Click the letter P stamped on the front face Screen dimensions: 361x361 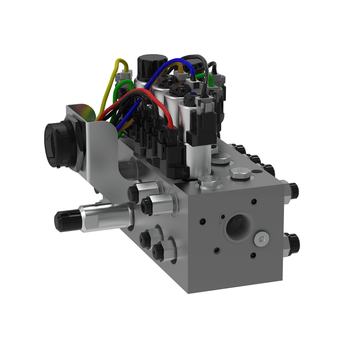pos(220,223)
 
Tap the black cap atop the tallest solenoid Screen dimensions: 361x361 pos(152,63)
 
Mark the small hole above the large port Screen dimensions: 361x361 pos(254,201)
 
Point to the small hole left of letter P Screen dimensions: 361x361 pos(203,222)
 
